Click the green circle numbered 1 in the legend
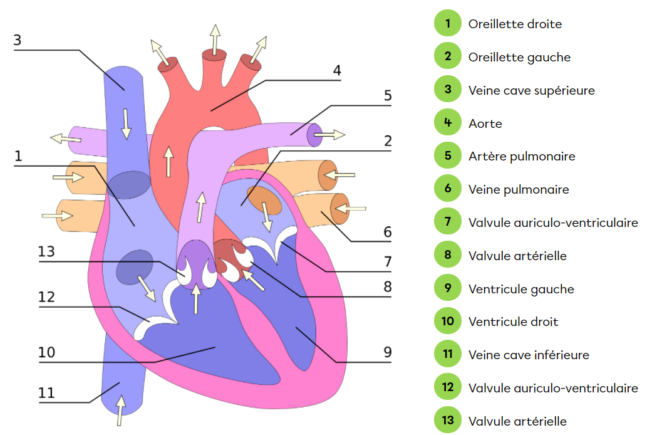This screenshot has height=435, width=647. pyautogui.click(x=447, y=24)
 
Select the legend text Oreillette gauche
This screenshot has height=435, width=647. pyautogui.click(x=519, y=57)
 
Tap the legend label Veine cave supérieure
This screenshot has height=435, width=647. pyautogui.click(x=531, y=90)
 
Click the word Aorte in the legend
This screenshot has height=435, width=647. pyautogui.click(x=485, y=123)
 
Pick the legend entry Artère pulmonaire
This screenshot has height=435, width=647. pyautogui.click(x=521, y=156)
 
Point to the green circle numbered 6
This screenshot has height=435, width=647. pyautogui.click(x=447, y=189)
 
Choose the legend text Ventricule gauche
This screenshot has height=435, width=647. pyautogui.click(x=521, y=289)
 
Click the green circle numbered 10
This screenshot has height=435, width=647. pyautogui.click(x=447, y=322)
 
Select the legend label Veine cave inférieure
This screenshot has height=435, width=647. pyautogui.click(x=529, y=355)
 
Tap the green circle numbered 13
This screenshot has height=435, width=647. pyautogui.click(x=447, y=421)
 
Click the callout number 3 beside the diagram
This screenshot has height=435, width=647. pyautogui.click(x=17, y=40)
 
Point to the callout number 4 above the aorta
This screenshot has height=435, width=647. pyautogui.click(x=337, y=71)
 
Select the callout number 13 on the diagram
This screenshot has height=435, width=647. pyautogui.click(x=46, y=252)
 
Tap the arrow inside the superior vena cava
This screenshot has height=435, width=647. pyautogui.click(x=127, y=123)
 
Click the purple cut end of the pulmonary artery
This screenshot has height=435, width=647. pyautogui.click(x=314, y=135)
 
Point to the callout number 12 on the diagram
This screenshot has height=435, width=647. pyautogui.click(x=46, y=296)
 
